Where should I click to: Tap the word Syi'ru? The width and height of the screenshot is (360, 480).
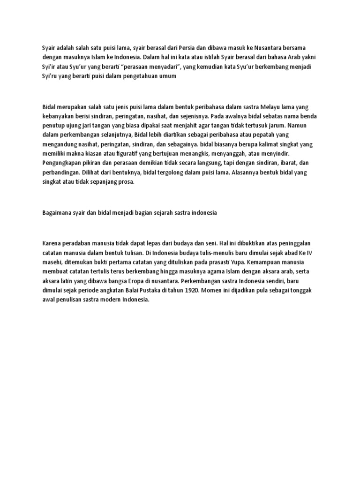pyautogui.click(x=50, y=76)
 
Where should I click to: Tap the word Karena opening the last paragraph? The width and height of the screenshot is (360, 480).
pyautogui.click(x=51, y=243)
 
